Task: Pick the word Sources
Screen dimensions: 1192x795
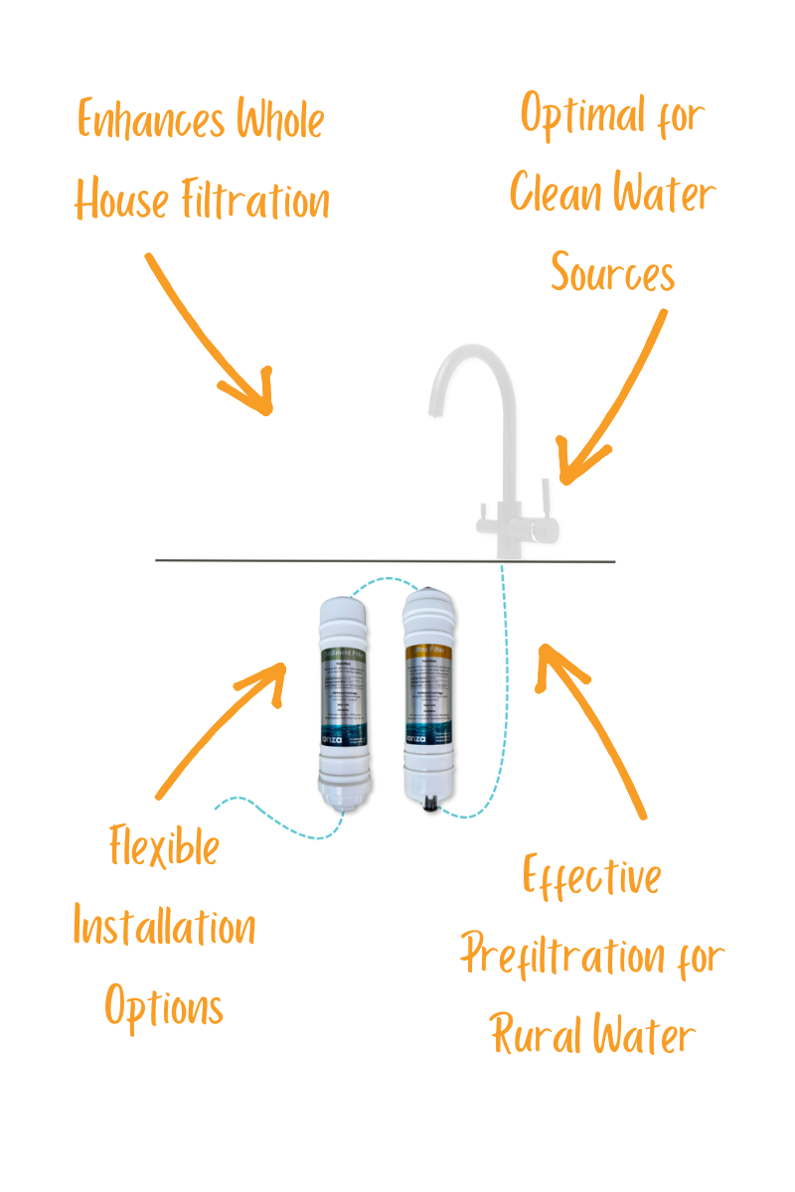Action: click(x=612, y=272)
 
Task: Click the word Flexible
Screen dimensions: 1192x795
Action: click(x=164, y=850)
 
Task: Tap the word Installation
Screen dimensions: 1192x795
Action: click(x=164, y=928)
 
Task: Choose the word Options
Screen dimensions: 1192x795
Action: click(x=164, y=1007)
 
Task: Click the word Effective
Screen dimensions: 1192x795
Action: click(x=592, y=878)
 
